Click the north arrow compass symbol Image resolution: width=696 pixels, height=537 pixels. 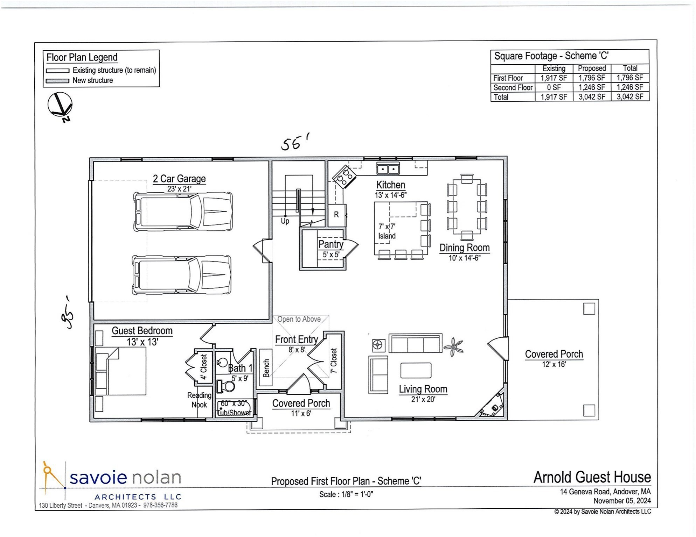[x=60, y=104]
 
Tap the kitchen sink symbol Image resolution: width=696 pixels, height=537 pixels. [x=388, y=169]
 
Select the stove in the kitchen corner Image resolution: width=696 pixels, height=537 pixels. [x=344, y=177]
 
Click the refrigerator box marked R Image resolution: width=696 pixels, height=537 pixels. [x=336, y=215]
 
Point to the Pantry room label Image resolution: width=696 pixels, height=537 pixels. [x=331, y=244]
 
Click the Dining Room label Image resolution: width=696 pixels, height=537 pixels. [x=464, y=248]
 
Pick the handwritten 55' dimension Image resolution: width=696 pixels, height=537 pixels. [x=295, y=142]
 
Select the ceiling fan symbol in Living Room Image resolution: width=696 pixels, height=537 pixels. [x=453, y=346]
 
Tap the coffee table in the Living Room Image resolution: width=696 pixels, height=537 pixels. [x=416, y=370]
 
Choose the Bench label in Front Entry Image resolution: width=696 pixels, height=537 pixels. [x=266, y=368]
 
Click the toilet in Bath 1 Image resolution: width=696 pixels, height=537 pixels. [x=226, y=386]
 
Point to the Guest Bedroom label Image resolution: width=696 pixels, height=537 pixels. [x=142, y=331]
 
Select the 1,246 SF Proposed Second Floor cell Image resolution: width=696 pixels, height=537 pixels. [x=592, y=87]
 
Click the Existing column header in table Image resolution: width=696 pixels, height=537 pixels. [x=554, y=69]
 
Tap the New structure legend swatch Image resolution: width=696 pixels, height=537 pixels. [x=57, y=81]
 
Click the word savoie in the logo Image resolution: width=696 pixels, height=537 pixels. [x=98, y=478]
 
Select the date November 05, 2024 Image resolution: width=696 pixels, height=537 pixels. [x=622, y=501]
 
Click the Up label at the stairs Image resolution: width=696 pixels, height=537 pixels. [x=285, y=221]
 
